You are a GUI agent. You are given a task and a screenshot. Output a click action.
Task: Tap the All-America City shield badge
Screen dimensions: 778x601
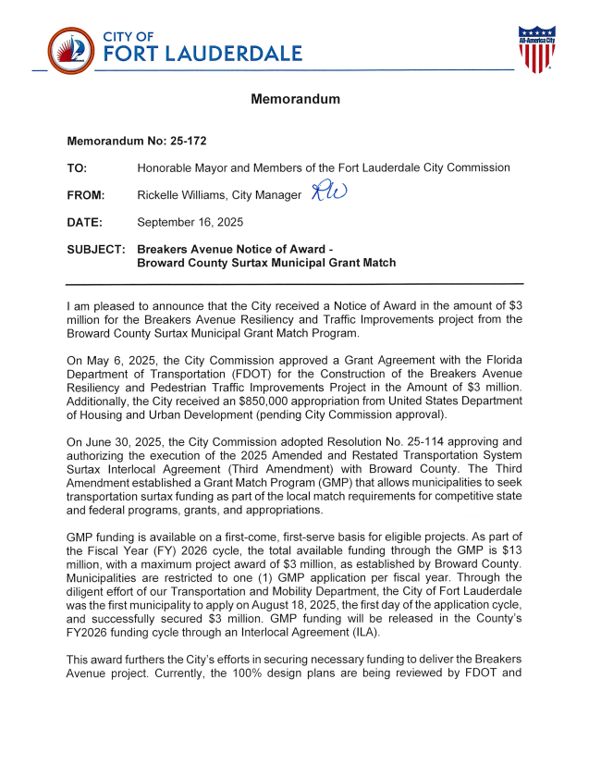pyautogui.click(x=536, y=50)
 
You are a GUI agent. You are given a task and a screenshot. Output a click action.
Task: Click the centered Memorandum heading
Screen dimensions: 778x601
pyautogui.click(x=296, y=99)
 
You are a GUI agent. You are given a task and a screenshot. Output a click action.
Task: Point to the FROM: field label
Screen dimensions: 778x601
pyautogui.click(x=86, y=195)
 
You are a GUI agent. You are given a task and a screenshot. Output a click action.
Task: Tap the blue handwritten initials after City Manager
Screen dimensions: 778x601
pyautogui.click(x=328, y=191)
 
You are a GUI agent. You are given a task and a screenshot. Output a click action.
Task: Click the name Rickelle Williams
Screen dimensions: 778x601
pyautogui.click(x=184, y=195)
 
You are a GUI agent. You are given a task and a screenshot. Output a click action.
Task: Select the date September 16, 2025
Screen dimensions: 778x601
pyautogui.click(x=190, y=222)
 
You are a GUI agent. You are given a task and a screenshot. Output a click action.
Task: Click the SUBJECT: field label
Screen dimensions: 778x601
pyautogui.click(x=96, y=250)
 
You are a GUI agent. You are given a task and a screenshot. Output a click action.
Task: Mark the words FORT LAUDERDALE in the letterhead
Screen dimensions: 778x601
pyautogui.click(x=202, y=54)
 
